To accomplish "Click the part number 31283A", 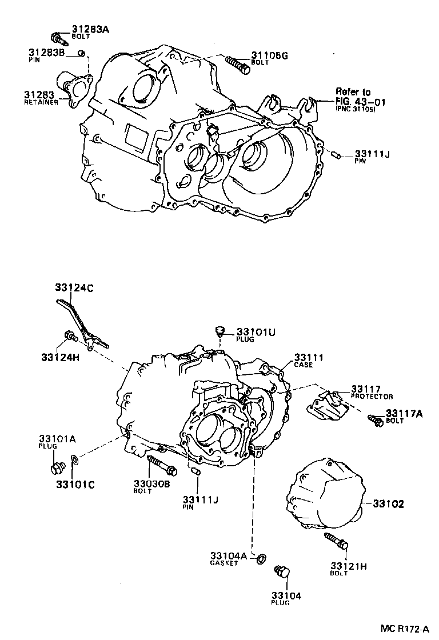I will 90,29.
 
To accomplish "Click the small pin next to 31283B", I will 82,54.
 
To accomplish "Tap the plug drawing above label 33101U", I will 219,331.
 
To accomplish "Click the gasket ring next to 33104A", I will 260,558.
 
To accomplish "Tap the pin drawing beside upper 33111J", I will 336,154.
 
